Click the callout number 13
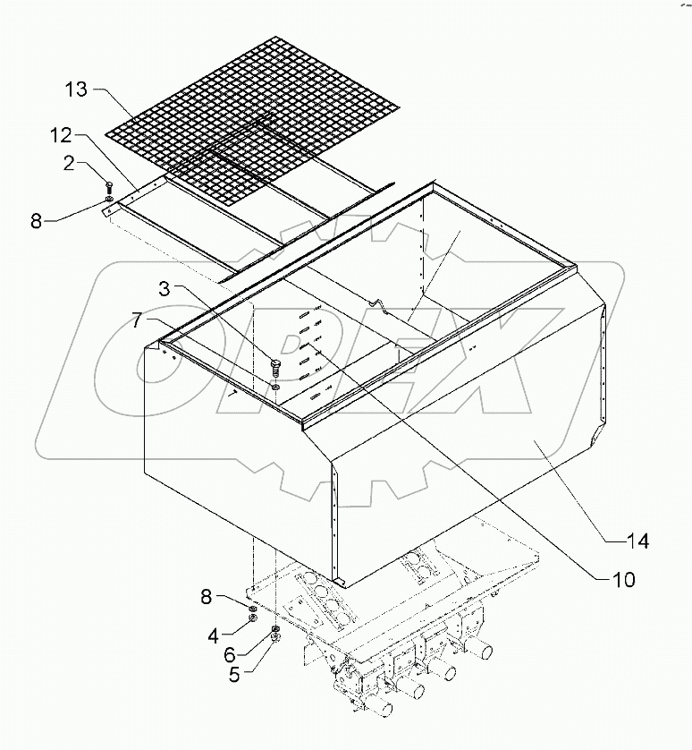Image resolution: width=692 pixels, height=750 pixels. [77, 89]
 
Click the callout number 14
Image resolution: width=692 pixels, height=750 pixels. [637, 541]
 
